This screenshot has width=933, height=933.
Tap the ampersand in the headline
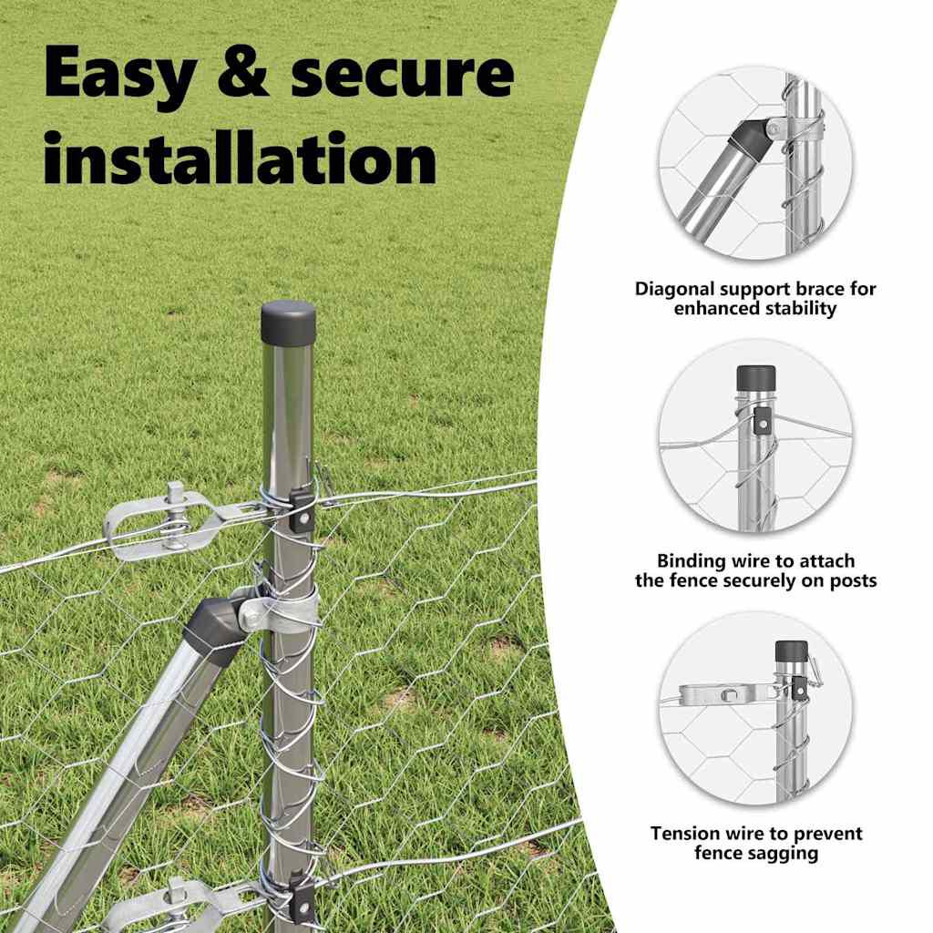(x=243, y=72)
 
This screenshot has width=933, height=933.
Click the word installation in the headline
(x=241, y=158)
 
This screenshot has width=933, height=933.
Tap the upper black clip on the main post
(x=302, y=510)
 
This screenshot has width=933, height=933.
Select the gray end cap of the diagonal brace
(x=215, y=630)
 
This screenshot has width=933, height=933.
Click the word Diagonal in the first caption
(x=675, y=289)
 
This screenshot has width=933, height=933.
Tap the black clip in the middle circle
(x=761, y=422)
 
